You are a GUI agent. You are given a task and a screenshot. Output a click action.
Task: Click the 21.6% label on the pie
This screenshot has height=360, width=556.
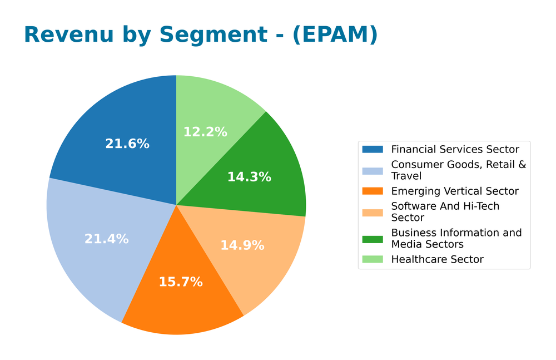(127, 144)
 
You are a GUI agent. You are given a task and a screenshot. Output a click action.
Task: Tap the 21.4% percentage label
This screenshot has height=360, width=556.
(106, 239)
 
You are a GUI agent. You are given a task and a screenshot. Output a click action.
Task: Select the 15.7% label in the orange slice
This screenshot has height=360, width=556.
(181, 282)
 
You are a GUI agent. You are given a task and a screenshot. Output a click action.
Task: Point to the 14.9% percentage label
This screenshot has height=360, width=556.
(242, 245)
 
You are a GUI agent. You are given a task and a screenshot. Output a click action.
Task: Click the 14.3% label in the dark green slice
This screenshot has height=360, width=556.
(249, 177)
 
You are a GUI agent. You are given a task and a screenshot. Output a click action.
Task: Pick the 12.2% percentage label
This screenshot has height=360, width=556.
(205, 132)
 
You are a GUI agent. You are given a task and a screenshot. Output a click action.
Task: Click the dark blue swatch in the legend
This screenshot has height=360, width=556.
(373, 149)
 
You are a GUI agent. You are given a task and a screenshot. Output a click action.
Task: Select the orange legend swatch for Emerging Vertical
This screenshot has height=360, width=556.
(373, 191)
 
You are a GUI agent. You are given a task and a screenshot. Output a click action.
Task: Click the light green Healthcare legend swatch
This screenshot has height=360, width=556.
(373, 259)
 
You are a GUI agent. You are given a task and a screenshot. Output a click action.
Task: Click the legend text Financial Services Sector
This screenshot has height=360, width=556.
(455, 149)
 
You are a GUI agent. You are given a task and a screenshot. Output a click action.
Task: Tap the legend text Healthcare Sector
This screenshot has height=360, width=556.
(437, 259)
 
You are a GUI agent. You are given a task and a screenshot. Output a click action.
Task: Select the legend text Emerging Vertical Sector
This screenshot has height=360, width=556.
(455, 191)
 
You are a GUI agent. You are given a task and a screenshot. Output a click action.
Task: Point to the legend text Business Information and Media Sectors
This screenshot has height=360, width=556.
(456, 238)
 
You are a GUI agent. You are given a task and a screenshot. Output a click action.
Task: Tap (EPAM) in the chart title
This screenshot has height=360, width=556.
(335, 34)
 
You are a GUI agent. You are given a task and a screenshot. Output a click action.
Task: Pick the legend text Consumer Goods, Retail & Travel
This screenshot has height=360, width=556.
(458, 170)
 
